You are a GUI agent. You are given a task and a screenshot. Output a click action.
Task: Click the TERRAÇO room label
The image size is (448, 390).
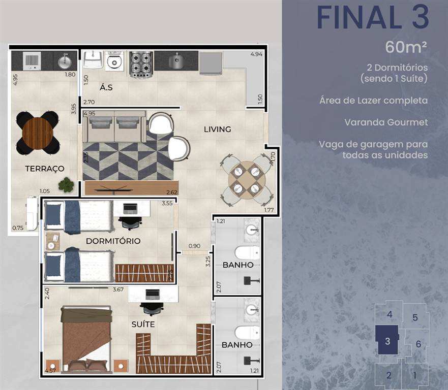45,169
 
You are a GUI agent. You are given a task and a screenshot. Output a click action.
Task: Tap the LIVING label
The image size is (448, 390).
218,129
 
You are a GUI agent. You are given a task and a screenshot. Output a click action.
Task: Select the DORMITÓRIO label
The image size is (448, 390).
113,241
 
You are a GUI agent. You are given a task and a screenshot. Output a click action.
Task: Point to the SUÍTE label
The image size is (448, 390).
143,324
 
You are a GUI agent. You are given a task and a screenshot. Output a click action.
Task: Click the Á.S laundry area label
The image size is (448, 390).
106,87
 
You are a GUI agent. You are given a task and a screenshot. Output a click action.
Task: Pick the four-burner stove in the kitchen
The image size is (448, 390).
141,64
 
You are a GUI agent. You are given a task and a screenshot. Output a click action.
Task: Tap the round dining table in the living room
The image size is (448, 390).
247,180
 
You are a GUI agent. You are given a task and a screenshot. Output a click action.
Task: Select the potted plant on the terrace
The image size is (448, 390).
66,184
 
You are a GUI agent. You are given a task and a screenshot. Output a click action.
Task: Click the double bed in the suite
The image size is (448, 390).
86,339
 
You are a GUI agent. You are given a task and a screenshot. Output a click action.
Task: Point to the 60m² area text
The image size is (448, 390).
406,47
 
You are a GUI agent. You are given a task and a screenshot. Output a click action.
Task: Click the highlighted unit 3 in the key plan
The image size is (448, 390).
387,340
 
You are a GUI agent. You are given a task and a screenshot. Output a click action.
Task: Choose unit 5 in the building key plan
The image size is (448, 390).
415,317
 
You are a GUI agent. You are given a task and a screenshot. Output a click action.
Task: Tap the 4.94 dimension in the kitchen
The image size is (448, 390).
256,54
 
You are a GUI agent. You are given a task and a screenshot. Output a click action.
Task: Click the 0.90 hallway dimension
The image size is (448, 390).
194,246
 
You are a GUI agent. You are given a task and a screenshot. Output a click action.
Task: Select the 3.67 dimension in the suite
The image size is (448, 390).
118,289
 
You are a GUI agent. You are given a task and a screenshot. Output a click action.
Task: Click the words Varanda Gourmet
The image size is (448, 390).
386,122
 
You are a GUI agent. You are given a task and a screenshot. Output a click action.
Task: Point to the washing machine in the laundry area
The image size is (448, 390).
114,61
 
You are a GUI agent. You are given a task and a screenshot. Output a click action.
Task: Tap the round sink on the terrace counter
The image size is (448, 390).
65,61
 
